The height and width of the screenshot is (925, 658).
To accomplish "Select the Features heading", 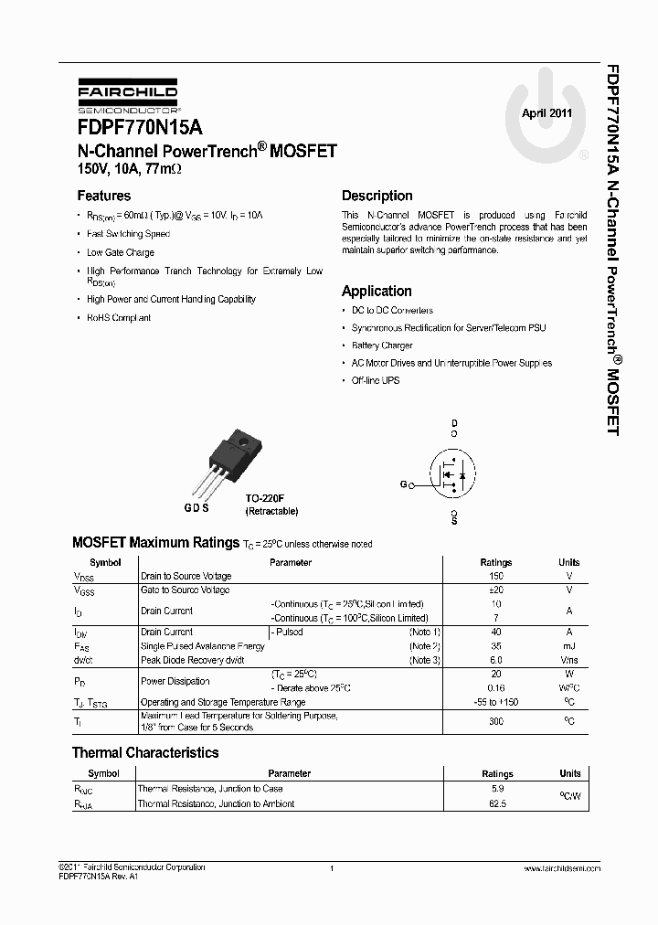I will (x=103, y=196).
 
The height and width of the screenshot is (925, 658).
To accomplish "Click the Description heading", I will (x=377, y=196).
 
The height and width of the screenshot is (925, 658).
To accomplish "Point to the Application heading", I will (x=377, y=291).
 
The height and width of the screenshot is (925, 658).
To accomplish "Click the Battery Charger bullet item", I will (x=382, y=346).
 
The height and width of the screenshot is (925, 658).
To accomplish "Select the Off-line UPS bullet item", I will (x=376, y=380).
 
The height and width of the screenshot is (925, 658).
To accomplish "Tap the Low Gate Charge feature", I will (x=121, y=252).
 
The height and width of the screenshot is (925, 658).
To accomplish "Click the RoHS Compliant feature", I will (x=119, y=318).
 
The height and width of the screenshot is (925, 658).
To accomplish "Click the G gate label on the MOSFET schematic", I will (x=402, y=485).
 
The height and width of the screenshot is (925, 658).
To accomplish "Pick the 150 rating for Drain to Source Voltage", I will (x=496, y=577).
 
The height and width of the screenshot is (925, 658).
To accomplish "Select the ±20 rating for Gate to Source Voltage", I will (x=496, y=590).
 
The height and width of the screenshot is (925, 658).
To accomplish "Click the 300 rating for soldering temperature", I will (x=496, y=721).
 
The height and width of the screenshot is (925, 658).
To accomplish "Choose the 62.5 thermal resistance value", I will (x=497, y=804).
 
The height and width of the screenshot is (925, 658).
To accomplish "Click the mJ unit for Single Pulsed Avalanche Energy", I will (x=568, y=646).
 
